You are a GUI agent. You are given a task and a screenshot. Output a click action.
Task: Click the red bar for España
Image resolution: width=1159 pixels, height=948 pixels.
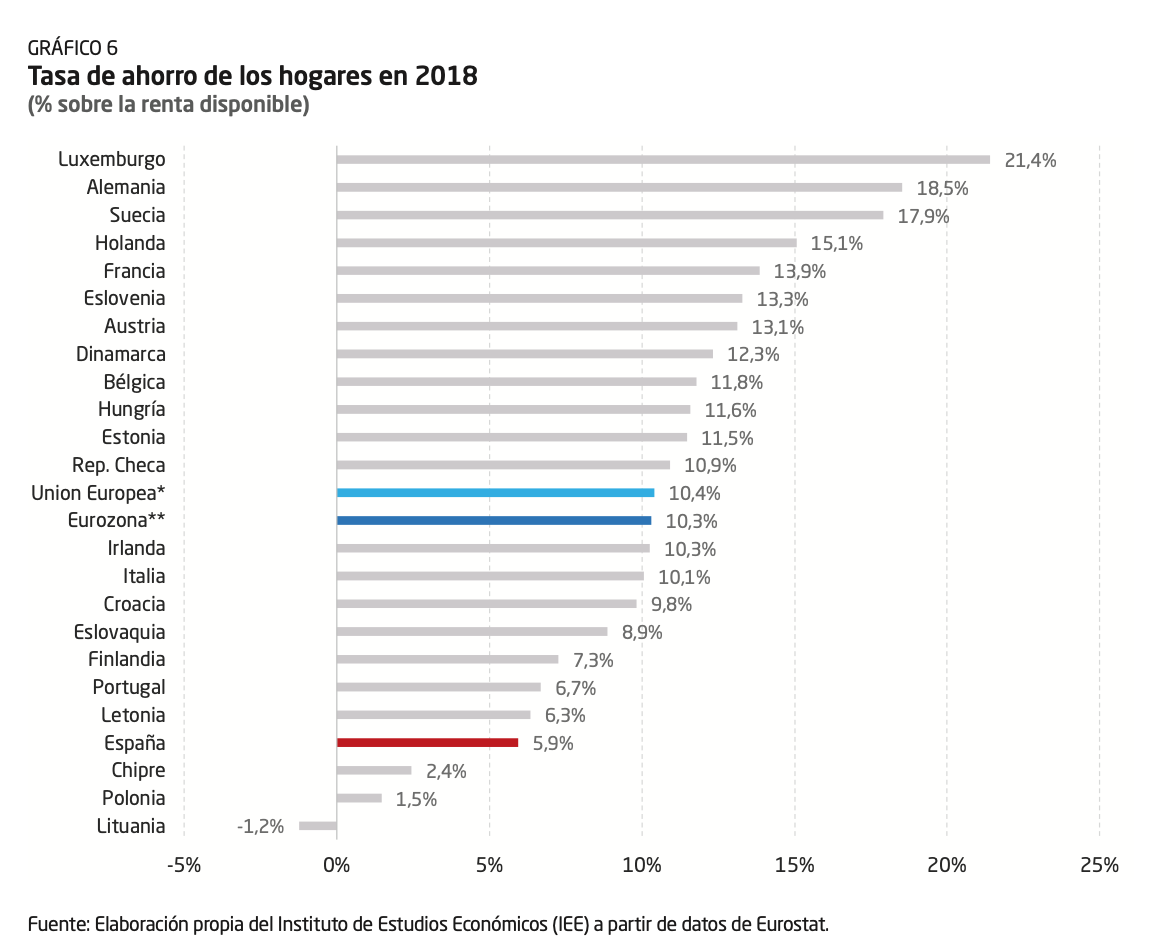coord(427,742)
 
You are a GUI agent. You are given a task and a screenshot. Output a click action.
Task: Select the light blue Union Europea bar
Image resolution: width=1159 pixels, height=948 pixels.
coord(495,492)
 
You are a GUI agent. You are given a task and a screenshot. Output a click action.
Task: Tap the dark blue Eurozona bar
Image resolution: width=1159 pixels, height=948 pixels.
coord(494,520)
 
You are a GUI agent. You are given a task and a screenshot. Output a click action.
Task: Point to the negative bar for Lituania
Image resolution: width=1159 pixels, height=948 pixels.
coord(318,826)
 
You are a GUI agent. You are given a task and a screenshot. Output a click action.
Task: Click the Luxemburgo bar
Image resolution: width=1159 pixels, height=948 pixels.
coord(663,159)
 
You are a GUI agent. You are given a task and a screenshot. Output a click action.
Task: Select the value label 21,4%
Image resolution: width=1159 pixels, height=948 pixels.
coord(1030,160)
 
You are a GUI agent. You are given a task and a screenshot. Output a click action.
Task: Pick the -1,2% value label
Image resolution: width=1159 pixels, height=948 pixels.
coord(260,827)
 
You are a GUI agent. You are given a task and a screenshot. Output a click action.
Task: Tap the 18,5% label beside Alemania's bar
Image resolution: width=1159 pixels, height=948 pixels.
coord(942,188)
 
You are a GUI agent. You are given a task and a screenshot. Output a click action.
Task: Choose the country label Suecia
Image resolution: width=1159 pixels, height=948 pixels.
coord(137,215)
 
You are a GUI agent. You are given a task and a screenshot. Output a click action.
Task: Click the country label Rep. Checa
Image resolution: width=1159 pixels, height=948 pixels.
coord(119,465)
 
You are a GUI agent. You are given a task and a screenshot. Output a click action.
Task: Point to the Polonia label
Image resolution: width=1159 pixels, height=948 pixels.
coord(133,798)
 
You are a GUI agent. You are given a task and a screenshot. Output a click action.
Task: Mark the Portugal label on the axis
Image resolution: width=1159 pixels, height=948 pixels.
coord(129,687)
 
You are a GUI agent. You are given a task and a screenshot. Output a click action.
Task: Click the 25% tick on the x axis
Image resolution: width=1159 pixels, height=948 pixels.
coord(1099,866)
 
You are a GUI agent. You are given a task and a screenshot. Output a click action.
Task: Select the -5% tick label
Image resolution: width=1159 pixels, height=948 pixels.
coord(183,866)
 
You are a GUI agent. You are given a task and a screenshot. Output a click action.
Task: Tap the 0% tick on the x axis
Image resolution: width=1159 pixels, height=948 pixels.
coord(337,866)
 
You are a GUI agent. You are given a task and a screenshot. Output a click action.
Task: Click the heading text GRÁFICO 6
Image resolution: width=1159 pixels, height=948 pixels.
coord(73,47)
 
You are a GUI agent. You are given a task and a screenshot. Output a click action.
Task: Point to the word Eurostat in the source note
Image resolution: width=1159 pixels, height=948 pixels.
coord(791,924)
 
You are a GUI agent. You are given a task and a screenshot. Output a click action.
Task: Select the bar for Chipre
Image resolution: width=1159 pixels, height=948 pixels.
coord(374,770)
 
